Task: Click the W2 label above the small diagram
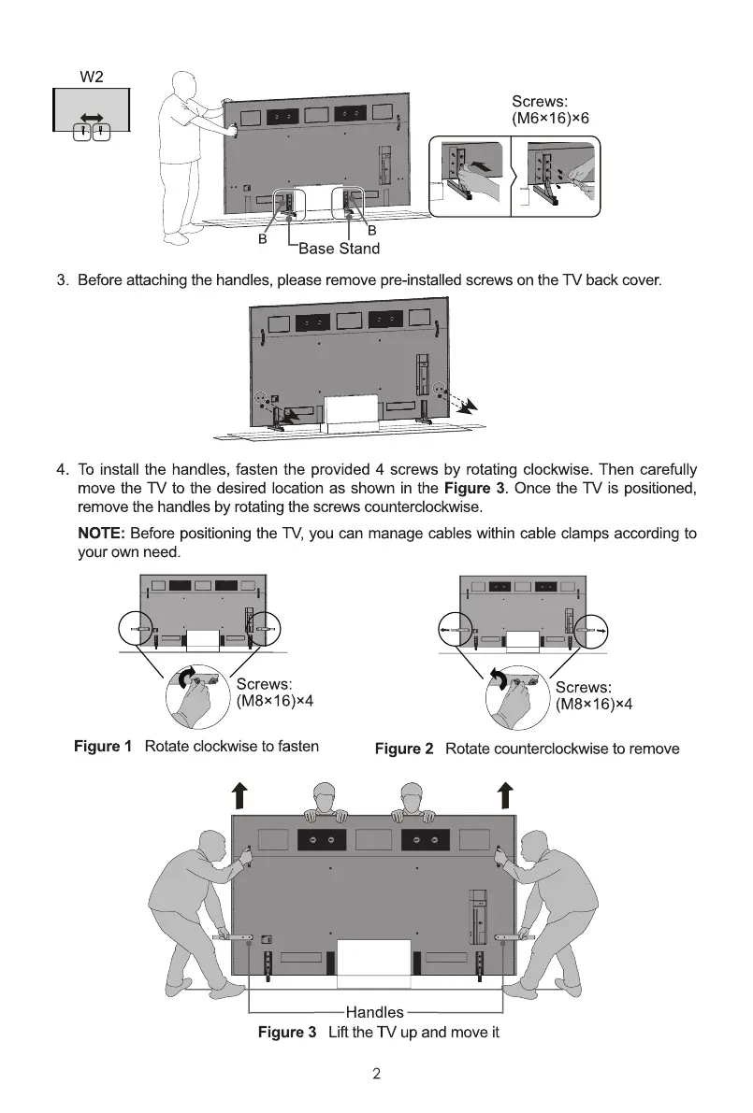pos(90,76)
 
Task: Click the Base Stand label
pos(339,249)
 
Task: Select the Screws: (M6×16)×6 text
pos(550,110)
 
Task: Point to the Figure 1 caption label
pos(103,746)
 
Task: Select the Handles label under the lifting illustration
pos(375,1012)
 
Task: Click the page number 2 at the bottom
pos(376,1074)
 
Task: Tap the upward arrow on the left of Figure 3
pos(240,794)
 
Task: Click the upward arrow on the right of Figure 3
pos(505,794)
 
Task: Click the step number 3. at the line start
pos(64,280)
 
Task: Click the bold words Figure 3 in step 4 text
pos(475,489)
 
